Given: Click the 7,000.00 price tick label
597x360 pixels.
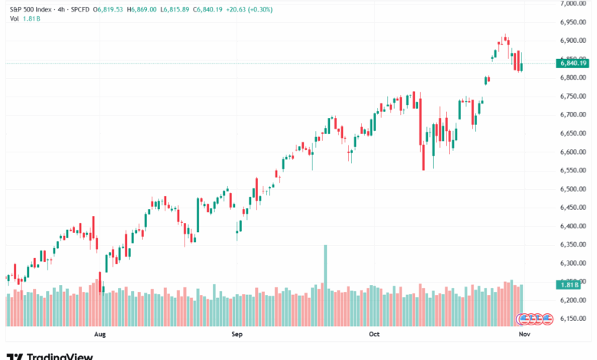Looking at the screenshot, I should click(x=573, y=4).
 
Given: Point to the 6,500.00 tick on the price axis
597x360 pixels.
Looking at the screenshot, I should click(x=573, y=188).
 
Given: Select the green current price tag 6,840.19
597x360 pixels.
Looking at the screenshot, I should click(x=573, y=63).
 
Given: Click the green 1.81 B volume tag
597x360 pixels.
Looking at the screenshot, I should click(x=567, y=285).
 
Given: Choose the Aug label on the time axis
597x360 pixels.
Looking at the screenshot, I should click(x=99, y=334).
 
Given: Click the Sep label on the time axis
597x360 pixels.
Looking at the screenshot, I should click(x=237, y=334).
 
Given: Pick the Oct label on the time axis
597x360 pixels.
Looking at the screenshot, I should click(x=374, y=334).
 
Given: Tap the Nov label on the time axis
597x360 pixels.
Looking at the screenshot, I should click(x=524, y=334).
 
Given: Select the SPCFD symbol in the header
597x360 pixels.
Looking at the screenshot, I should click(x=79, y=9).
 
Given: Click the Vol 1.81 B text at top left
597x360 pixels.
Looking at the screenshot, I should click(x=19, y=19).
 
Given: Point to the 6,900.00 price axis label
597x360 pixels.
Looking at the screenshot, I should click(x=573, y=41).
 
